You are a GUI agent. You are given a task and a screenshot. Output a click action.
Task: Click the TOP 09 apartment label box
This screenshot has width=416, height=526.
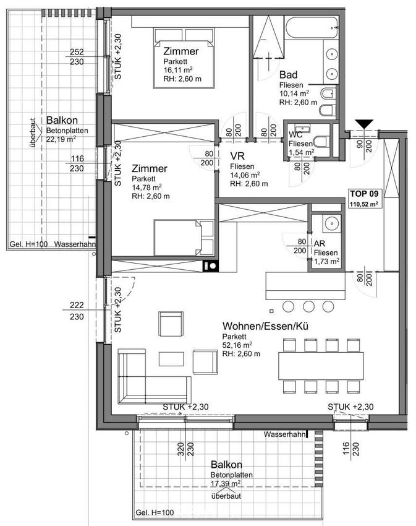click(x=365, y=198)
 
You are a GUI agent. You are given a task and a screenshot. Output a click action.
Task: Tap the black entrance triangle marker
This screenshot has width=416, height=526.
click(x=364, y=124)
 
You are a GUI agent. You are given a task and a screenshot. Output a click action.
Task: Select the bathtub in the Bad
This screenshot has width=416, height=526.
click(x=312, y=28)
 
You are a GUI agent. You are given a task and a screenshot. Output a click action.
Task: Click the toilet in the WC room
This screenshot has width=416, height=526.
click(x=322, y=141)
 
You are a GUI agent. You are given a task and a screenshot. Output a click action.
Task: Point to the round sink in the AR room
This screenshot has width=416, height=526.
click(x=332, y=223)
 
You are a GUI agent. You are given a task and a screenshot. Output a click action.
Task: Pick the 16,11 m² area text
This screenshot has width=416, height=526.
click(x=177, y=70)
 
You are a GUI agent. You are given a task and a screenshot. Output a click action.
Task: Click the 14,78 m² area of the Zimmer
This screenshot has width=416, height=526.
click(x=146, y=187)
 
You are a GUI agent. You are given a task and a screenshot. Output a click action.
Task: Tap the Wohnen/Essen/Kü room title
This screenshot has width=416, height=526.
click(x=265, y=326)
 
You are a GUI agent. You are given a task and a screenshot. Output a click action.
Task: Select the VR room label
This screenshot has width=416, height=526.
click(x=237, y=156)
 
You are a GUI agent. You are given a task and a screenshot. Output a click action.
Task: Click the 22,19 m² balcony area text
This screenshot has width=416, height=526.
click(x=61, y=139)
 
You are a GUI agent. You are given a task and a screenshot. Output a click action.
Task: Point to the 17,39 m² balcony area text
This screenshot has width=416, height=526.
click(x=226, y=483)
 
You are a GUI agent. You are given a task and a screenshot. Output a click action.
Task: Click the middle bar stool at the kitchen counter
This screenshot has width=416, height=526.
click(x=308, y=306)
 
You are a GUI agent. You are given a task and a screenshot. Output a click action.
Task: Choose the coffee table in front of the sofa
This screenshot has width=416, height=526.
click(x=171, y=359)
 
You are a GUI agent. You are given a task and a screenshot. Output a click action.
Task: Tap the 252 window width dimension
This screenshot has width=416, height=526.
click(x=77, y=52)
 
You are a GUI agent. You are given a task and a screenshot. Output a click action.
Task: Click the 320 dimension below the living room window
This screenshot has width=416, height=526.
click(x=180, y=449)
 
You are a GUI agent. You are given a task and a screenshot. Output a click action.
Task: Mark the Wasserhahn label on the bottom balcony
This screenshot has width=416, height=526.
click(x=284, y=434)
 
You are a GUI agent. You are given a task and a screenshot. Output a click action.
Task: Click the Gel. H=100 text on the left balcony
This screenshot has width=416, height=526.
click(x=28, y=244)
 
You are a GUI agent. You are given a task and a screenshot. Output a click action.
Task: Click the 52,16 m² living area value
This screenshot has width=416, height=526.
click(x=237, y=345)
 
